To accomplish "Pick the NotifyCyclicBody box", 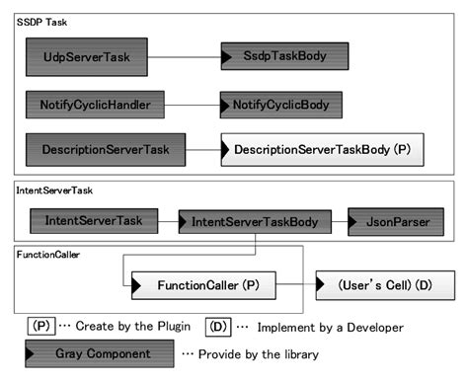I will [280, 102].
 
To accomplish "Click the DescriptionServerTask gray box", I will [106, 150].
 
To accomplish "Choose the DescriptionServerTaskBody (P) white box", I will [322, 150].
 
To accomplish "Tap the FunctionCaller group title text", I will [48, 254].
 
